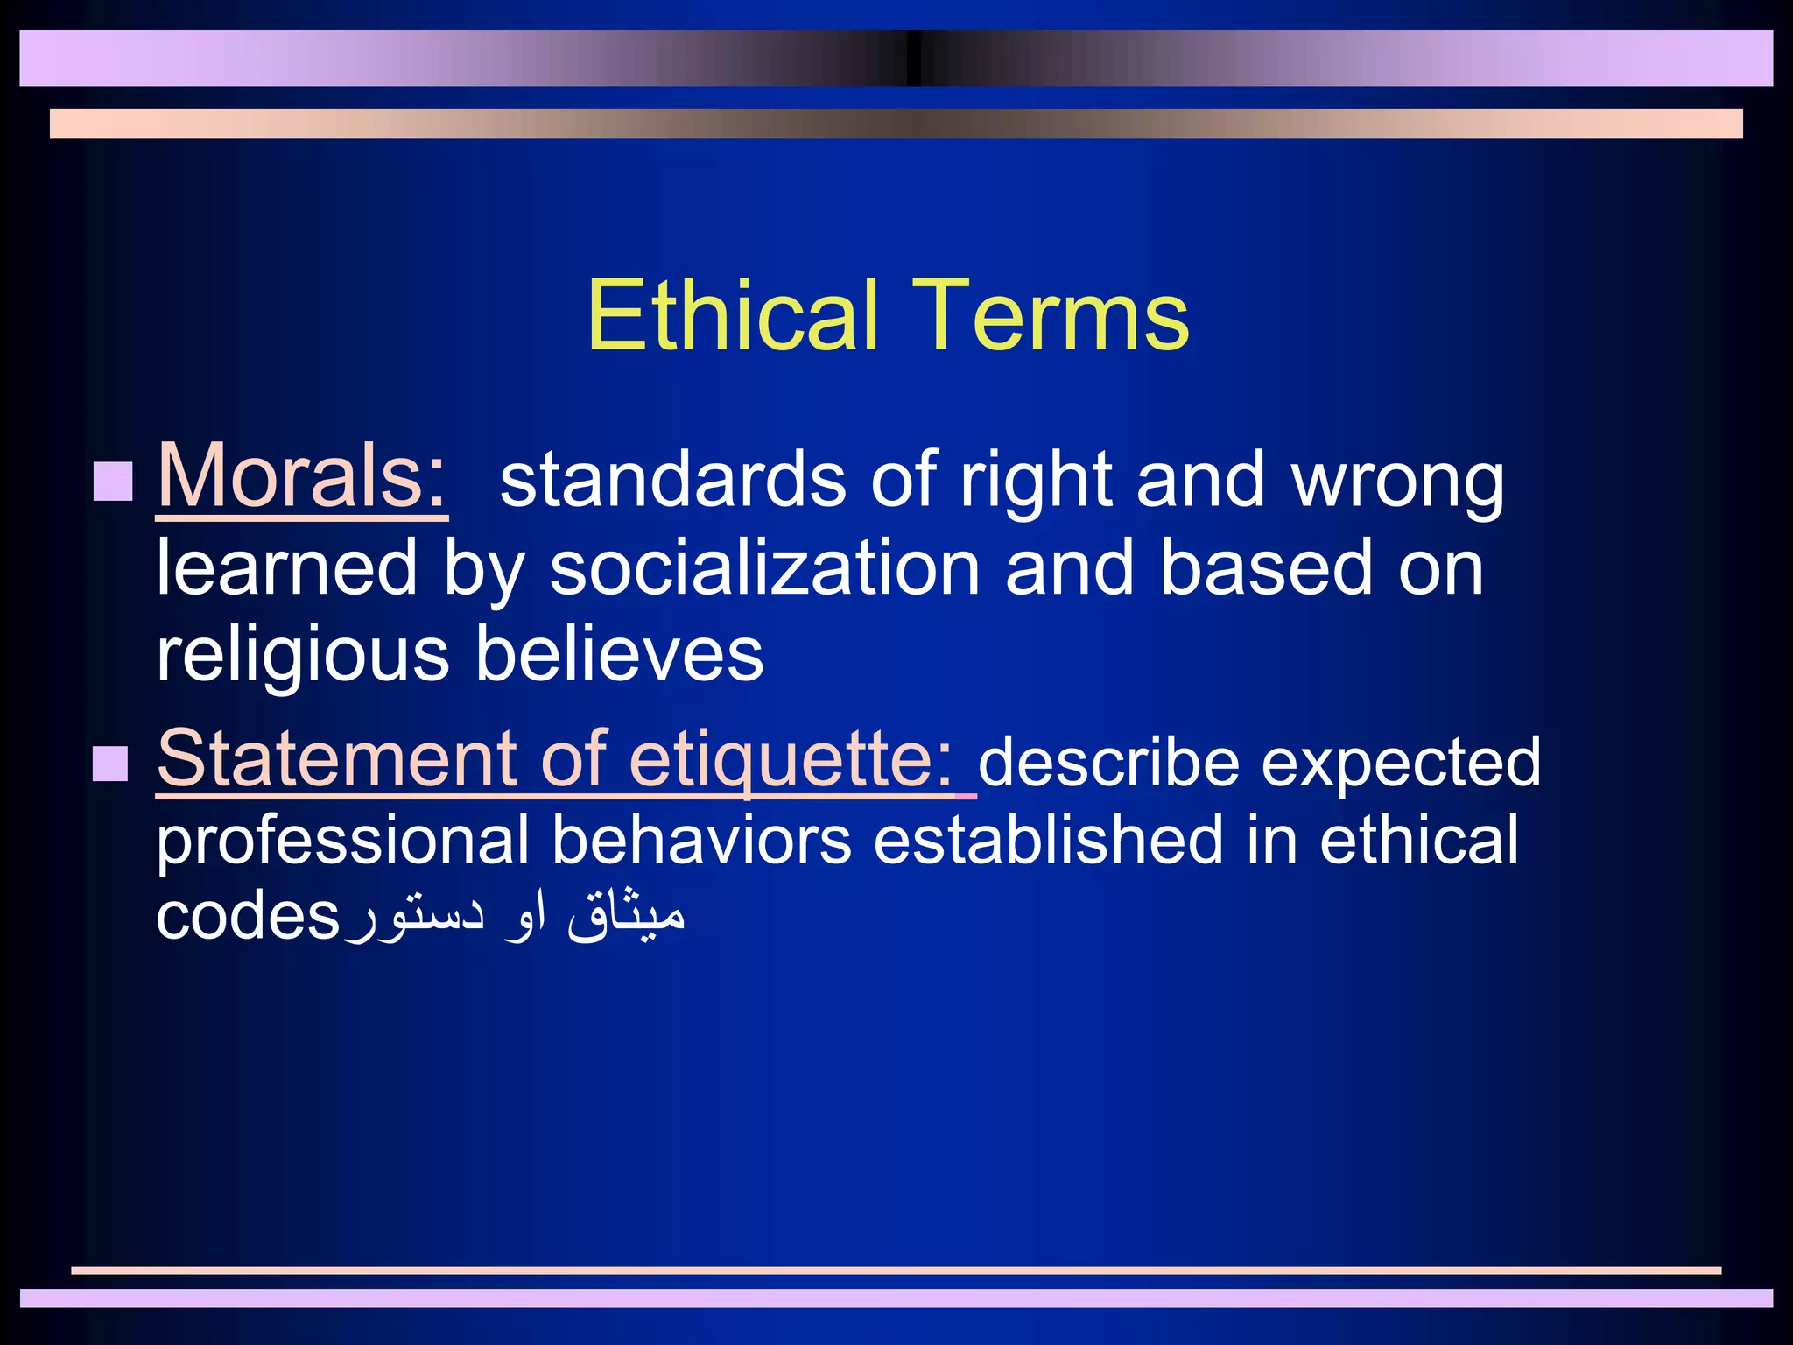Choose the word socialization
point(764,568)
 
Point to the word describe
point(1108,762)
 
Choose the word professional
point(342,842)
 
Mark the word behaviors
point(701,840)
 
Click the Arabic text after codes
point(515,914)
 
